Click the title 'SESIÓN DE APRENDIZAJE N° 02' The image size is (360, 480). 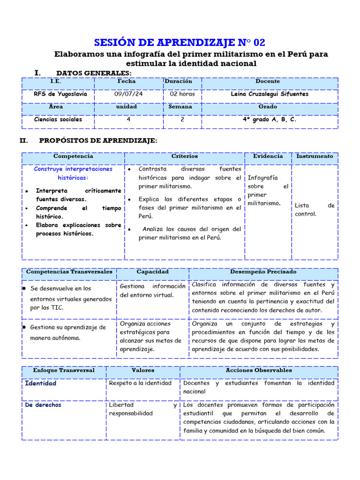(180, 43)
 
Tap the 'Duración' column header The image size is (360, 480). (178, 81)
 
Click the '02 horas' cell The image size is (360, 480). (182, 94)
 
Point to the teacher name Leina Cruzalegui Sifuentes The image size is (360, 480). (270, 94)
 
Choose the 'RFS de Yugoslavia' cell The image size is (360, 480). (60, 94)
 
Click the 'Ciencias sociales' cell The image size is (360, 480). (58, 119)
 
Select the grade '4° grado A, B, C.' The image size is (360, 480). (269, 119)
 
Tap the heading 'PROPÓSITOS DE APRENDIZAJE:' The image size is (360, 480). (98, 141)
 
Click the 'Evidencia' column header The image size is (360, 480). (268, 156)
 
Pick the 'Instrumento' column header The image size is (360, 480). (315, 156)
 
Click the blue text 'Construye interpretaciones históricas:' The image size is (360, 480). (73, 173)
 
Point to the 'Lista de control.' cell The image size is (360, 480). (315, 210)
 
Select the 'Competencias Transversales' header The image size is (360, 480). (69, 272)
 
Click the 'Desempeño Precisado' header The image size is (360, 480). (263, 272)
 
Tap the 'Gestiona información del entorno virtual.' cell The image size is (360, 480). (152, 291)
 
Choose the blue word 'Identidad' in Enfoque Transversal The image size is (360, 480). (40, 383)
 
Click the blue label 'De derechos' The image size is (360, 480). (43, 405)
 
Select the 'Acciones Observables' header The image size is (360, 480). (258, 370)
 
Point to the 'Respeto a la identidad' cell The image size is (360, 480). (140, 383)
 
